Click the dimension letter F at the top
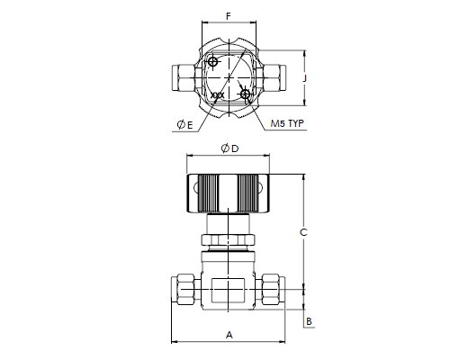tap(229, 16)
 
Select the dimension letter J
tap(305, 78)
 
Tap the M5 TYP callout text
tap(287, 123)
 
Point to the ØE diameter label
tap(184, 124)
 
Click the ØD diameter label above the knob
tap(229, 148)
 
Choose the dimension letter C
tap(303, 232)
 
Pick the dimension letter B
tap(309, 321)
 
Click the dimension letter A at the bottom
tap(229, 335)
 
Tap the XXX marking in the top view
tap(218, 95)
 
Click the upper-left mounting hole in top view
tap(212, 62)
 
